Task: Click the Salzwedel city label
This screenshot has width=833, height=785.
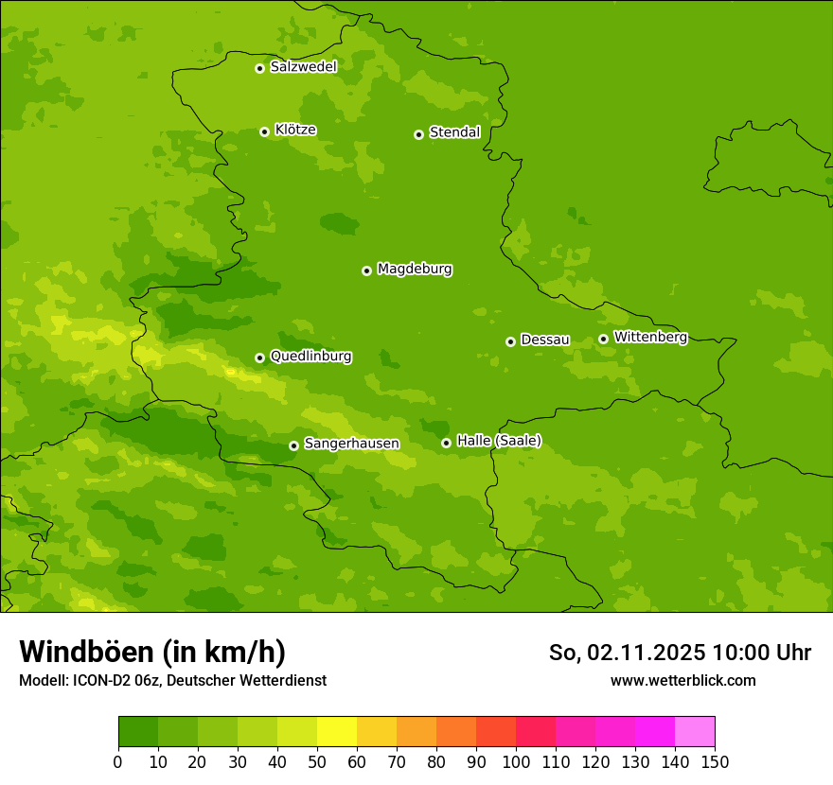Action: (303, 67)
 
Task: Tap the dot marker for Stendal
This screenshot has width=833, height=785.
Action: (418, 134)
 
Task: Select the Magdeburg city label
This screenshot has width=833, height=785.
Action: (415, 270)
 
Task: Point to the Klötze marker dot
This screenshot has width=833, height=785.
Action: (264, 131)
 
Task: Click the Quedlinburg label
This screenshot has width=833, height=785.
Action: (310, 357)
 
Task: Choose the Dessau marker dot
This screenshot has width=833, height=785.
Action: (510, 341)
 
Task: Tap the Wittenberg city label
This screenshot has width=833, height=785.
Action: (650, 338)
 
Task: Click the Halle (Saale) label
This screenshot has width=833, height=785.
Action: (499, 441)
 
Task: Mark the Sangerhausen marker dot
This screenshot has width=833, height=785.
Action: (293, 445)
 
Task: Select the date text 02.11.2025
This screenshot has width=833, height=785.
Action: (647, 653)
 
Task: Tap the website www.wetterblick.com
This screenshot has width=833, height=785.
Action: (682, 680)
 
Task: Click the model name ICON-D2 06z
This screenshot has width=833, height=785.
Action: (114, 680)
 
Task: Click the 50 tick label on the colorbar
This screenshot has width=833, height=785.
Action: (317, 761)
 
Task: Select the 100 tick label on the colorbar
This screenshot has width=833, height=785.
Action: (516, 761)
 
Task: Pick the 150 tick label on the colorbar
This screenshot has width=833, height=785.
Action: (715, 761)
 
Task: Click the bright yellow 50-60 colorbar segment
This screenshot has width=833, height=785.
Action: (337, 732)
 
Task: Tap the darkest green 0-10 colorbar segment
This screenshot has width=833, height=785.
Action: (138, 732)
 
